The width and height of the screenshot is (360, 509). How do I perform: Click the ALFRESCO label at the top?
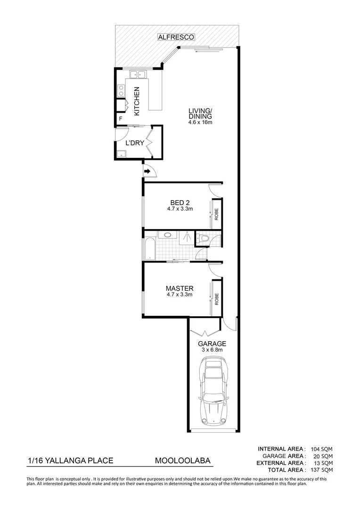(x=176, y=37)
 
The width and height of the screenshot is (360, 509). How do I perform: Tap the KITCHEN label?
(x=137, y=101)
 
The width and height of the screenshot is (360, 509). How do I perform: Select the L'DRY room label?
(x=134, y=142)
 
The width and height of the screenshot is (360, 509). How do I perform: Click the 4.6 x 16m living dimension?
(x=200, y=123)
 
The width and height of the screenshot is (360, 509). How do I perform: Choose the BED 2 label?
(x=180, y=203)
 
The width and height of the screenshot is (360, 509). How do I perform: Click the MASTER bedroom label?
(x=180, y=288)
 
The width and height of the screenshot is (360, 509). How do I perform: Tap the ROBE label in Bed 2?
(x=217, y=214)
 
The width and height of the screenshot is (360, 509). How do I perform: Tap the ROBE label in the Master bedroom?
(x=217, y=299)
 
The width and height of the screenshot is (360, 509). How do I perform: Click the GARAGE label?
(x=212, y=344)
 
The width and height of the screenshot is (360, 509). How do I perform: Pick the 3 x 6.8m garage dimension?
(x=213, y=350)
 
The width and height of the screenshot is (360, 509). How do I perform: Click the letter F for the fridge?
(x=121, y=119)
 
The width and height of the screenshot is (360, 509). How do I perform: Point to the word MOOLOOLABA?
(x=182, y=460)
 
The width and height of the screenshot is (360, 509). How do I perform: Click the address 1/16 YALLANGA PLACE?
(x=69, y=460)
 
